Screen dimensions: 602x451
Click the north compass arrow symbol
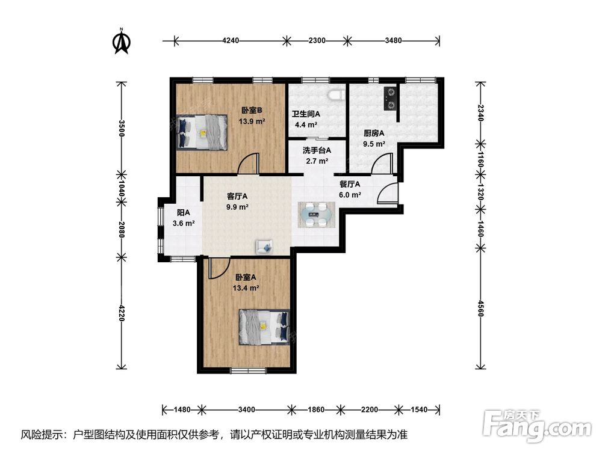pos(122,41)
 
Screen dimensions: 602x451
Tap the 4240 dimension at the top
pos(231,40)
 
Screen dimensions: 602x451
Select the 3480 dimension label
pos(393,40)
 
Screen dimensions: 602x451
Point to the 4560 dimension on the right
pos(480,308)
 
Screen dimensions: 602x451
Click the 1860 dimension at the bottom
pos(316,410)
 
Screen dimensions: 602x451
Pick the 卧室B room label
pos(252,111)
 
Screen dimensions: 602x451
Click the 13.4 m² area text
pos(246,287)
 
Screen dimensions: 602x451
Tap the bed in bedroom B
pos(202,132)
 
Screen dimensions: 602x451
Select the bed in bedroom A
pos(264,327)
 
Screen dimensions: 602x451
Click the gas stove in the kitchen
pos(391,99)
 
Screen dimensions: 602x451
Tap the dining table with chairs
pos(317,215)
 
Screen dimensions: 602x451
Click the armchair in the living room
pos(264,246)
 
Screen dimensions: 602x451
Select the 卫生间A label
pos(306,114)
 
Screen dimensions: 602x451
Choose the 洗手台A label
pos(317,150)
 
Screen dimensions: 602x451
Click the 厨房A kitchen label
pos(374,133)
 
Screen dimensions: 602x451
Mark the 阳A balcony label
pos(184,212)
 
